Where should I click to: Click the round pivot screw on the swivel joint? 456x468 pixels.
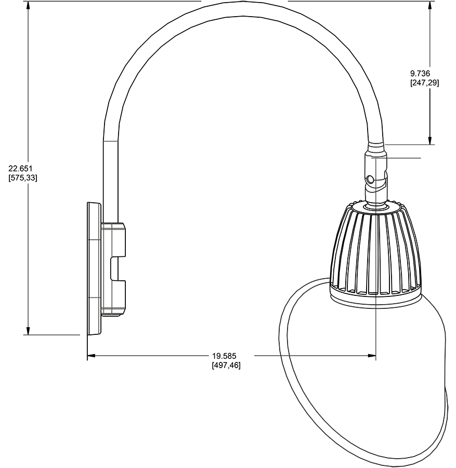(370, 180)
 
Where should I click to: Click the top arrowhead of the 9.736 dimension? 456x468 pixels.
(429, 5)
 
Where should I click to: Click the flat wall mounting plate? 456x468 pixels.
(94, 268)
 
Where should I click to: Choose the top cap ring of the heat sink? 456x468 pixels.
(376, 206)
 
